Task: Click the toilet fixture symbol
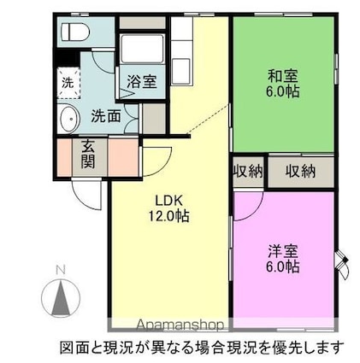[75, 32]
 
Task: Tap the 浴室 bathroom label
[142, 81]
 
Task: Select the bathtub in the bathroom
[142, 49]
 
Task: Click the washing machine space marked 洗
[68, 83]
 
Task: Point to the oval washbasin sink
[68, 119]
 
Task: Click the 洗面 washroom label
[106, 116]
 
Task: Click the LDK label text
[168, 201]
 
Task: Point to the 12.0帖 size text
[168, 216]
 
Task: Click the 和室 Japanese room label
[283, 76]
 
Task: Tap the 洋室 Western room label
[283, 251]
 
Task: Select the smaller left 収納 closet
[248, 172]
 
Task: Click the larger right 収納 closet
[301, 172]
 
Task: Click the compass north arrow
[61, 298]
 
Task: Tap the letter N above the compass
[61, 269]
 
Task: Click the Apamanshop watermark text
[180, 325]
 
